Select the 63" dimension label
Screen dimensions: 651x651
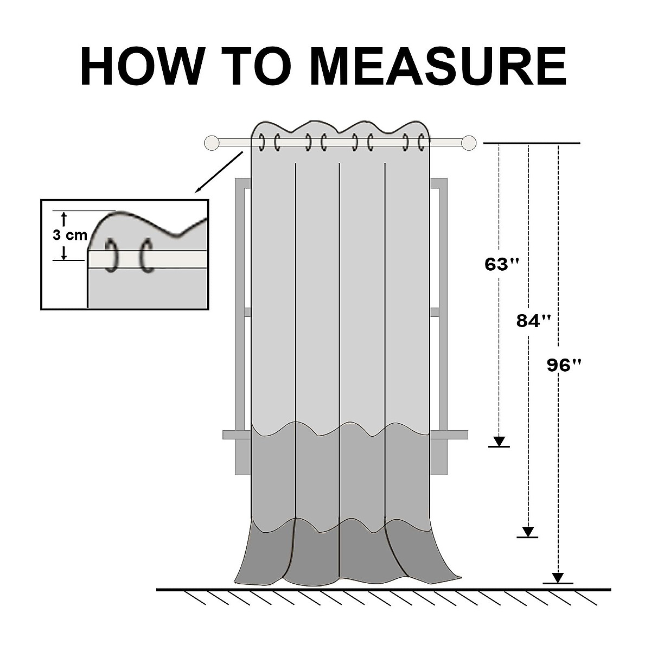pyautogui.click(x=502, y=265)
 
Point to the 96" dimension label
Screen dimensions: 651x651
pyautogui.click(x=564, y=366)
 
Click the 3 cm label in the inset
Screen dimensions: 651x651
pyautogui.click(x=69, y=235)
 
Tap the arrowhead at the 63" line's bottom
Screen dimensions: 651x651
pyautogui.click(x=499, y=441)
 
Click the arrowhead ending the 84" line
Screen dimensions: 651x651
pyautogui.click(x=528, y=532)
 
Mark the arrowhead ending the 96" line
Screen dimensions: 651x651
pyautogui.click(x=558, y=578)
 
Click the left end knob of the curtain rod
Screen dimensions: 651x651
pyautogui.click(x=212, y=143)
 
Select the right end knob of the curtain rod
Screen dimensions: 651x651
pyautogui.click(x=469, y=143)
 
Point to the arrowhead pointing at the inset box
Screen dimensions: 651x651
pyautogui.click(x=199, y=189)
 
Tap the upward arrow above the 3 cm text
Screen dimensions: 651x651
pyautogui.click(x=64, y=218)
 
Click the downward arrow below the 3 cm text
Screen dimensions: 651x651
pyautogui.click(x=64, y=253)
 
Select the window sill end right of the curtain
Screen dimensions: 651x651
pyautogui.click(x=458, y=435)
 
